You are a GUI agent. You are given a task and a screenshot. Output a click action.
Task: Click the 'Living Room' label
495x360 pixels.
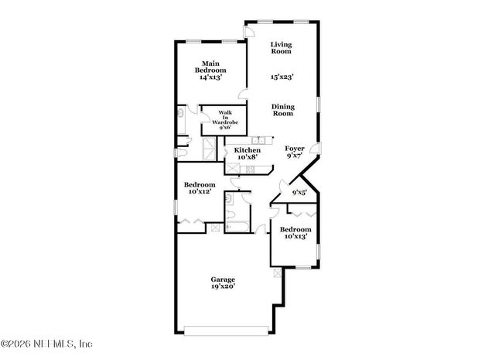click(281, 48)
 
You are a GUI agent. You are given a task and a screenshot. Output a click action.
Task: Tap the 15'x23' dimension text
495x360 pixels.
click(282, 77)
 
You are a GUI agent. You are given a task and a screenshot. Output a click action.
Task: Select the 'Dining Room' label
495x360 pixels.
click(283, 110)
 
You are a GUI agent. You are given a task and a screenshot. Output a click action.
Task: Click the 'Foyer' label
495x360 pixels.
click(295, 148)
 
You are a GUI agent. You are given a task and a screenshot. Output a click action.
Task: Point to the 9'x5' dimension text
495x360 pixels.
click(299, 192)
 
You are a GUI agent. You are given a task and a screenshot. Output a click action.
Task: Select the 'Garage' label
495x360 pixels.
click(224, 279)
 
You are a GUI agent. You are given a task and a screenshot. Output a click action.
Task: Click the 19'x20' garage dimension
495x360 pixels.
click(224, 286)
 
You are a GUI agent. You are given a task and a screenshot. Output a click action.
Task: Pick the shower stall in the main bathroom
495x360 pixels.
click(208, 149)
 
